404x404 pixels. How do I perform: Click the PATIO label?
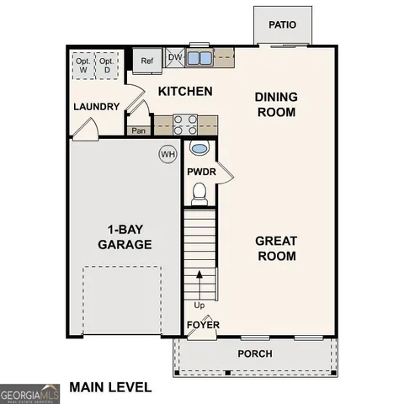283,24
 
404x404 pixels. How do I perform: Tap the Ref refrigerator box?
147,60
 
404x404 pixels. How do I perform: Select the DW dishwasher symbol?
175,57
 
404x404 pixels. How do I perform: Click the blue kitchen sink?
199,58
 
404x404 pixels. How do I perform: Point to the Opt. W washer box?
82,65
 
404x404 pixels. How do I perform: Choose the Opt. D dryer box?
106,65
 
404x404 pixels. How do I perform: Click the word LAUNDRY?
96,107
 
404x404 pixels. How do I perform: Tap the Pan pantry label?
137,130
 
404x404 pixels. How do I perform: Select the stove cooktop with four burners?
185,125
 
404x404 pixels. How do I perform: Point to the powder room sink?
199,149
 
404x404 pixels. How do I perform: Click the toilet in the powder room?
199,194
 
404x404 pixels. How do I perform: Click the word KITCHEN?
184,91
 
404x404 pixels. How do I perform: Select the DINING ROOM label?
275,104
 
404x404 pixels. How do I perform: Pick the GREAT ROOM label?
275,248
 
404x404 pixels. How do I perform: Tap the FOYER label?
202,324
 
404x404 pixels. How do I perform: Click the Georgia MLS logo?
28,393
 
